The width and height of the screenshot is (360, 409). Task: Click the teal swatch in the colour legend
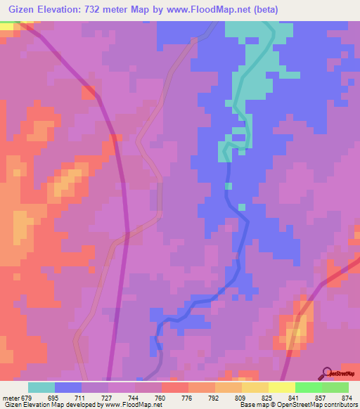[x=41, y=387]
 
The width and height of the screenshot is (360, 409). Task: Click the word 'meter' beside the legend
[x=12, y=397]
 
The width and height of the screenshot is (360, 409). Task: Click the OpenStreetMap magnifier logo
[x=328, y=373]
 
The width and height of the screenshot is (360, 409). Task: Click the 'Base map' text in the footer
[x=253, y=405]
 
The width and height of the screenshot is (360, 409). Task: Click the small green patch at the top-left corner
[x=6, y=26]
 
